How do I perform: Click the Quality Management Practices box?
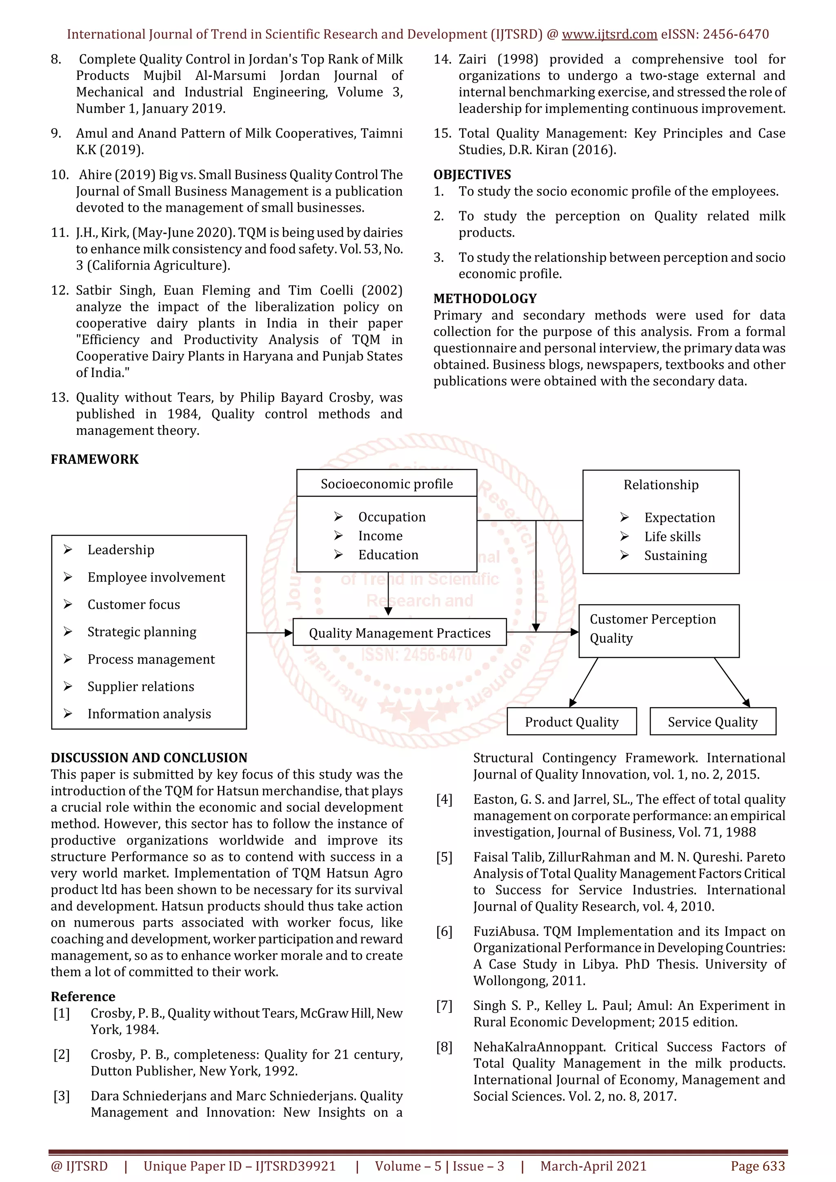[399, 632]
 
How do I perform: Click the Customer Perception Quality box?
[658, 630]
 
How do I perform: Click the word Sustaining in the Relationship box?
[675, 556]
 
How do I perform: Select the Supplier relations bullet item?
[140, 686]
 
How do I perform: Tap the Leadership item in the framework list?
[120, 549]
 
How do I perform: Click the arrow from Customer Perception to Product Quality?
[584, 682]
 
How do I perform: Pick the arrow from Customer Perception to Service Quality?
[731, 682]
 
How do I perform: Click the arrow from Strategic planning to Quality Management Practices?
[269, 632]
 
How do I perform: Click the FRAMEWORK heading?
[95, 459]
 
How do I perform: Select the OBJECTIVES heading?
[472, 175]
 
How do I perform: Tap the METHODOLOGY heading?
[485, 299]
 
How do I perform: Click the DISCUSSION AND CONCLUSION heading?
[149, 757]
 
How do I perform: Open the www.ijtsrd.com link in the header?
[609, 35]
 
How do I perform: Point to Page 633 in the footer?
[757, 1166]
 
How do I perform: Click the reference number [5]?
[444, 857]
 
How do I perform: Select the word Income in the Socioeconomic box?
[380, 536]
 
